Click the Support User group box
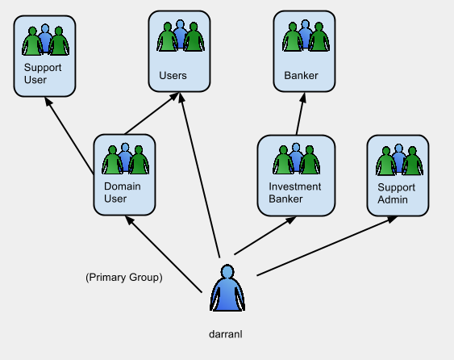(x=44, y=56)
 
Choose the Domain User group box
(x=124, y=175)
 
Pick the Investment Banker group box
(x=295, y=175)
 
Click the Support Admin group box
(x=397, y=175)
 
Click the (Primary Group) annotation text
(x=123, y=278)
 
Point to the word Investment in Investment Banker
(x=294, y=186)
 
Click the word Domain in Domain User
(x=121, y=186)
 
